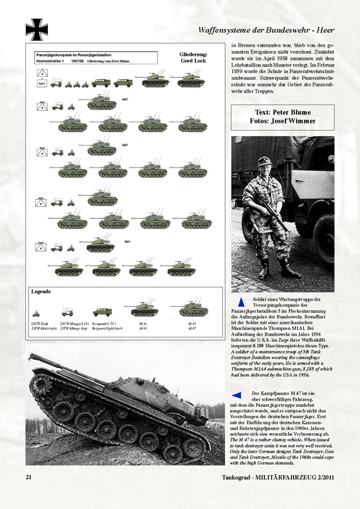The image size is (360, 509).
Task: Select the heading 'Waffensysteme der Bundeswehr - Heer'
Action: coord(266,30)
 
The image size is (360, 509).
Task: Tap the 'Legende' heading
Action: coord(42,292)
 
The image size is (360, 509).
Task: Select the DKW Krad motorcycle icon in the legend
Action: coord(36,314)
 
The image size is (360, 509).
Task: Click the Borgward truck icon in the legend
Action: coord(102,313)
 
